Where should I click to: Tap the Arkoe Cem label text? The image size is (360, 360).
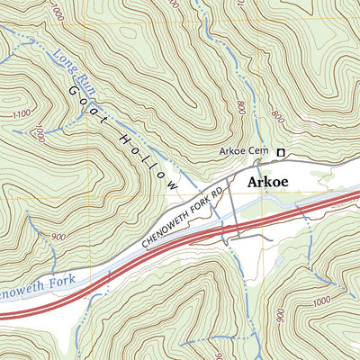coord(244,152)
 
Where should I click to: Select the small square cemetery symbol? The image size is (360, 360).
coord(280,152)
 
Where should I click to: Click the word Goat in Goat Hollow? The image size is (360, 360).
coord(83,99)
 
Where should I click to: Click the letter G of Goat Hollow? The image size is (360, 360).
coord(73,90)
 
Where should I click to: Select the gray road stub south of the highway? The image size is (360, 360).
coord(238,237)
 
